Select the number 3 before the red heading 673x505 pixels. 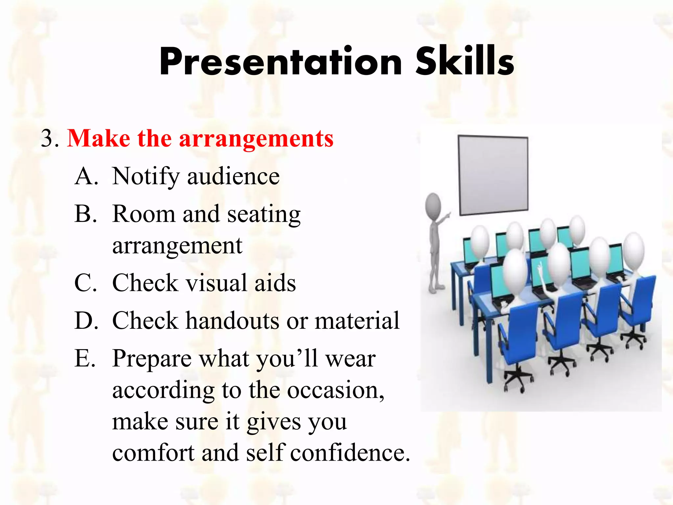coord(48,138)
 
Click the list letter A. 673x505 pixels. coord(86,176)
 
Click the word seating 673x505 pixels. coord(264,214)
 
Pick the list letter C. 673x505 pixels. coord(85,283)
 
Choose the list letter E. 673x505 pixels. coord(85,358)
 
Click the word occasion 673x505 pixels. coord(335,390)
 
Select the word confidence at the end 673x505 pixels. coord(350,453)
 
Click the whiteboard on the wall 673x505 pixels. coord(493,174)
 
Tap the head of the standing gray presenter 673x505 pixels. coord(433,206)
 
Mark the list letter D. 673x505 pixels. coord(86,321)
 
